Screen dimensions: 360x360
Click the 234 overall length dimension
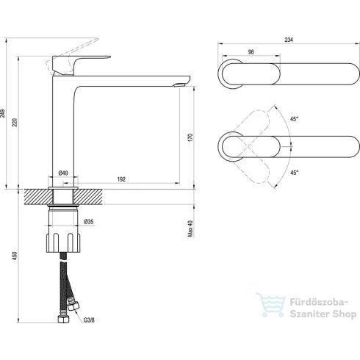pos(289,40)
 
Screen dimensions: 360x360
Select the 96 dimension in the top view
pos(251,52)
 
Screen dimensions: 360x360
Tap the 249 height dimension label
pos(3,113)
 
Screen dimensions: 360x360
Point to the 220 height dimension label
pos(15,122)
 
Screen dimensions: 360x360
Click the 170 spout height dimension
pos(191,137)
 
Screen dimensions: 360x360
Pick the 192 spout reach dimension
pos(121,179)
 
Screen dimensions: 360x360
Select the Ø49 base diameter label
pos(63,173)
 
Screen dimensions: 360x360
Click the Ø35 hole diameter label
pos(89,222)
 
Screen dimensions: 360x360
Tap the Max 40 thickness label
pos(190,228)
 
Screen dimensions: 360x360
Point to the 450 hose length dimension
pos(15,256)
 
